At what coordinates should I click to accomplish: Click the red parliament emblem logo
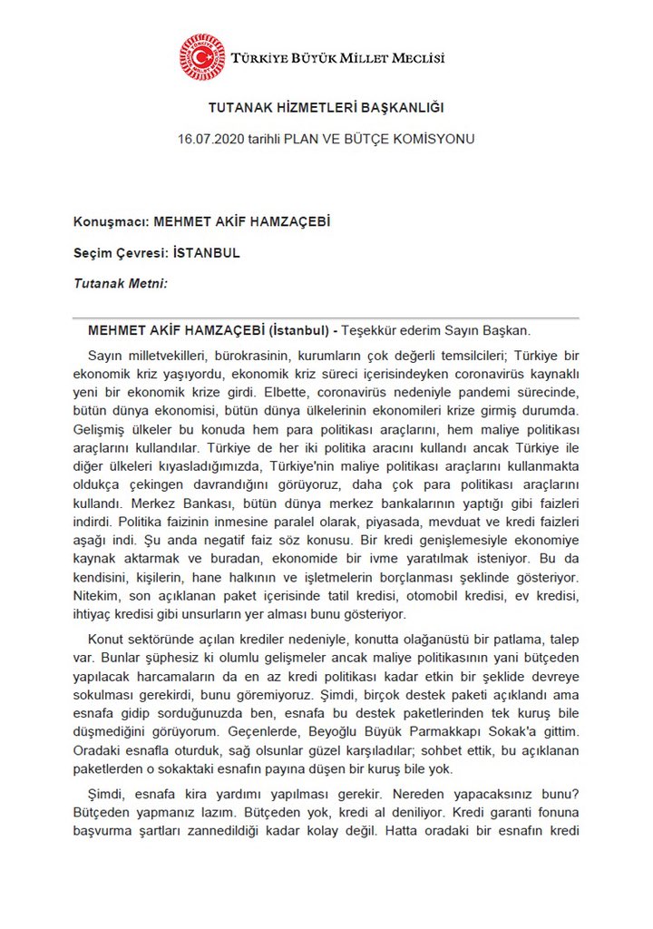point(201,57)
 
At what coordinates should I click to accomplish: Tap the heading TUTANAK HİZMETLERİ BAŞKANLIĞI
point(326,108)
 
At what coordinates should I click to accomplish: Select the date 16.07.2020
point(211,140)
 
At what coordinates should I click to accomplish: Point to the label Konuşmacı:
point(111,221)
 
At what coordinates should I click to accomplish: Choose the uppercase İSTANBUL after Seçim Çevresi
point(206,253)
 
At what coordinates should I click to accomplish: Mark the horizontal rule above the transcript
point(326,318)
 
